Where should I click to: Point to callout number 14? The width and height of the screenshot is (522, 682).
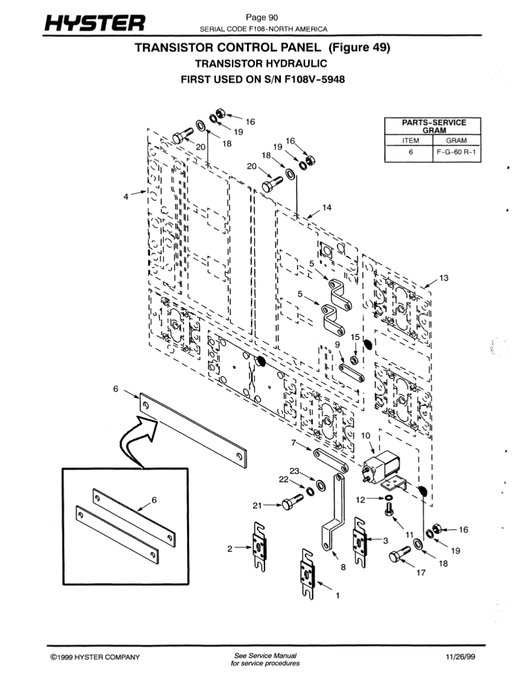[x=326, y=207]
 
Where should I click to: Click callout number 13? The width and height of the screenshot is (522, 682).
[x=443, y=278]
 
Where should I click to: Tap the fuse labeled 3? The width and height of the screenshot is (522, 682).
[x=359, y=540]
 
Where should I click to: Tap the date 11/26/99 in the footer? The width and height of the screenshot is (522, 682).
[x=462, y=657]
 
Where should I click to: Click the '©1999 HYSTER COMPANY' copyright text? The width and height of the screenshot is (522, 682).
[x=94, y=657]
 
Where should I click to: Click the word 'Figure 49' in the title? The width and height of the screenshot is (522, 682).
[x=359, y=48]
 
